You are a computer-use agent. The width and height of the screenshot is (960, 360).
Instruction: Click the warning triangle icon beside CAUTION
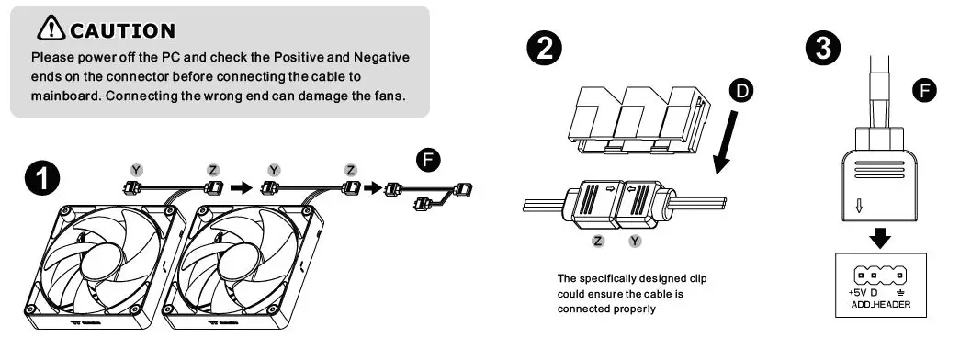click(50, 30)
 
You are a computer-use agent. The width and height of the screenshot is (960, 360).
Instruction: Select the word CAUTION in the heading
click(121, 31)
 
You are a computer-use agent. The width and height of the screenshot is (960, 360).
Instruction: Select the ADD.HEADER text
click(874, 304)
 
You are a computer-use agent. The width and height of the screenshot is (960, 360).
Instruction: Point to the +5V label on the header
click(857, 293)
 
